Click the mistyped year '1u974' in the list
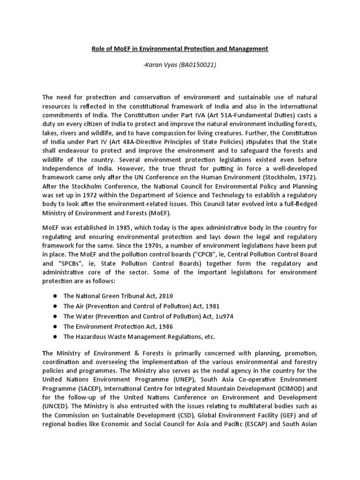pyautogui.click(x=223, y=316)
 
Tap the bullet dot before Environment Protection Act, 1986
pyautogui.click(x=55, y=327)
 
